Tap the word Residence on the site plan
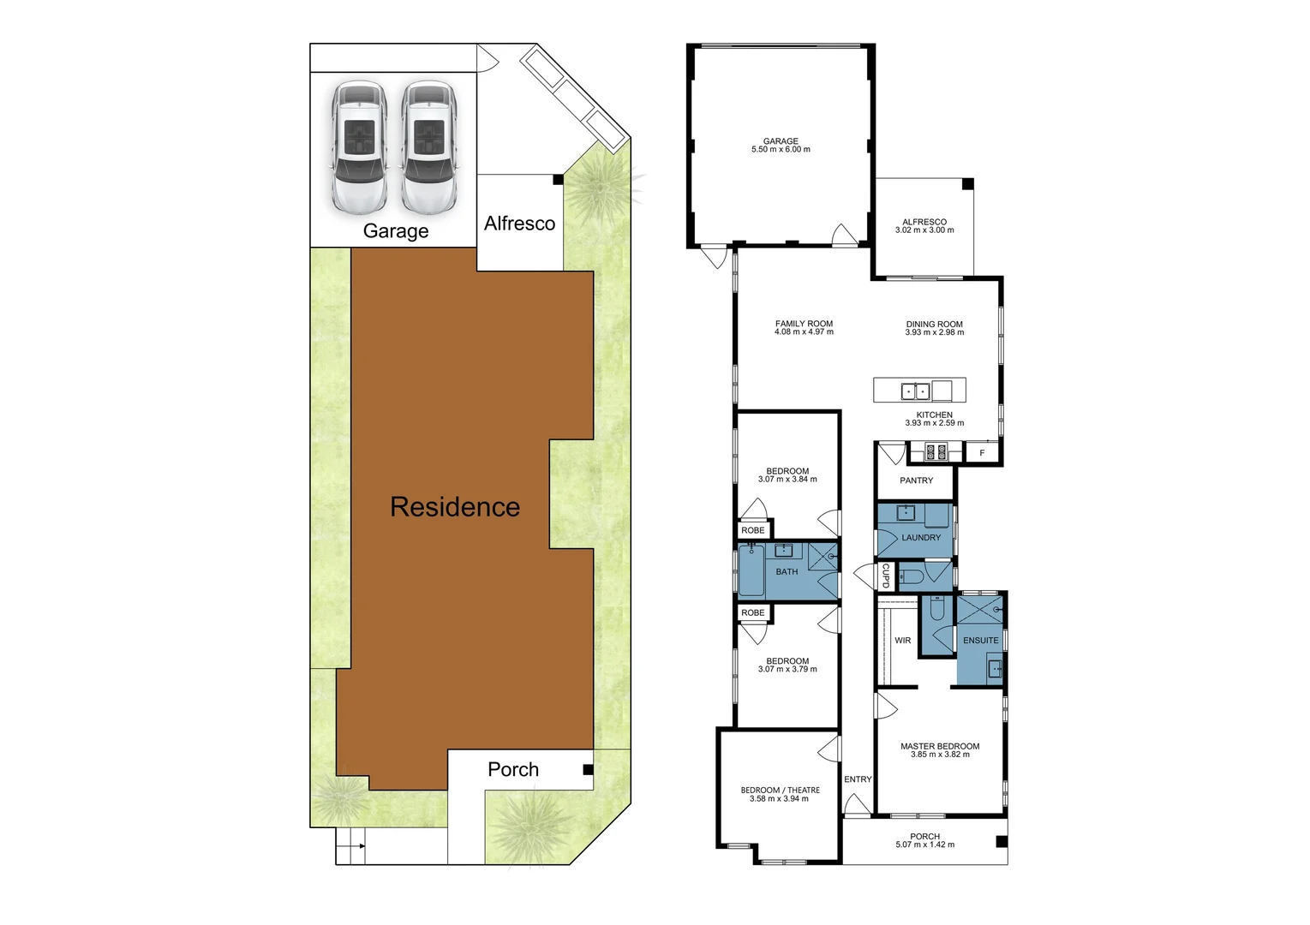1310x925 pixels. tap(455, 507)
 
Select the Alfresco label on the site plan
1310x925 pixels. tap(519, 224)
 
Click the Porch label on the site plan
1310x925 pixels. tap(513, 769)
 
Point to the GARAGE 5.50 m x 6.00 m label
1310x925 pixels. tap(781, 146)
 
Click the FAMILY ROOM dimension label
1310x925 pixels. tap(804, 328)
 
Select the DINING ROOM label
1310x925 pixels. tap(934, 329)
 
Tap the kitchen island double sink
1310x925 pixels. tap(915, 391)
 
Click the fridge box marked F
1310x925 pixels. tap(983, 453)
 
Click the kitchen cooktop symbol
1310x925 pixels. tap(936, 451)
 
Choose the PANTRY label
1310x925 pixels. tap(916, 480)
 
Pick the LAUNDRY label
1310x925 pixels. tap(921, 538)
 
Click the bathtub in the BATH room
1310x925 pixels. tap(751, 570)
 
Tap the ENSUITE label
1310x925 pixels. tap(980, 641)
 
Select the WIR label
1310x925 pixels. tap(903, 641)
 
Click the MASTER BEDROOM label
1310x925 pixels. tap(940, 750)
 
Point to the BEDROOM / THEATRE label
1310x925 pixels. tap(780, 795)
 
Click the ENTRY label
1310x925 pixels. tap(858, 779)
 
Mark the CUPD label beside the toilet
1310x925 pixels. tap(886, 576)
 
